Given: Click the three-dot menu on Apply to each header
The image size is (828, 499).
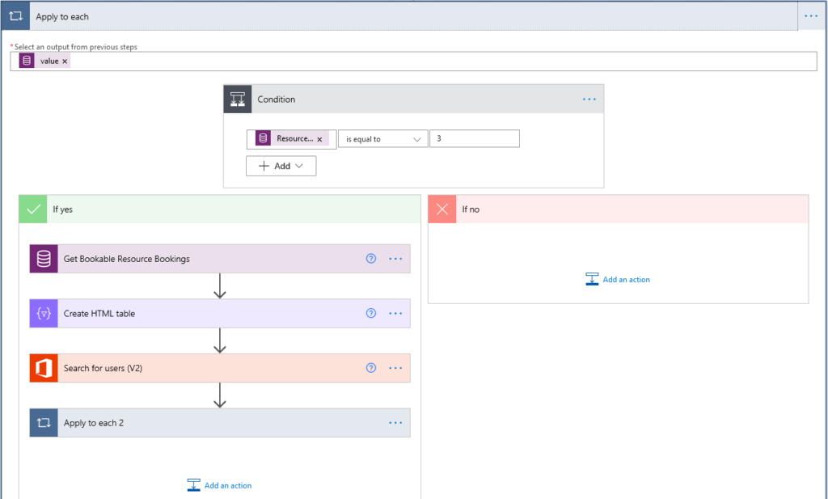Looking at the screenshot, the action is click(x=811, y=16).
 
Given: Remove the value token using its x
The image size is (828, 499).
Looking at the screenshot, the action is click(x=65, y=61).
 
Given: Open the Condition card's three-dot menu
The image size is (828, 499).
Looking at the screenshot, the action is click(x=589, y=99).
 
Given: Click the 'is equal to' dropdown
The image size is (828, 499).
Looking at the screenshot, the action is click(x=382, y=139).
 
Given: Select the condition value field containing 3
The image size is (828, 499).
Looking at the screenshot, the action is click(x=474, y=138).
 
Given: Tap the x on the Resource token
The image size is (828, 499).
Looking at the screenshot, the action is click(x=319, y=139).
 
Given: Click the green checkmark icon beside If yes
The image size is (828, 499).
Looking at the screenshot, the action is click(x=33, y=209).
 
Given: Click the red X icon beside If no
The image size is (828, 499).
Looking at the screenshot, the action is click(x=442, y=209).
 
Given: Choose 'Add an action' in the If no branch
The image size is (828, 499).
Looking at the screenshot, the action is click(x=618, y=279).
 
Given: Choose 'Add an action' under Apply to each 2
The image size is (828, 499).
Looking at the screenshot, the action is click(x=220, y=485).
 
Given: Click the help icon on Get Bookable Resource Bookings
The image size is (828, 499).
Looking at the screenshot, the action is click(x=371, y=259).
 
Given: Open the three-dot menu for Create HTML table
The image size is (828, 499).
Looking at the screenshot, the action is click(x=395, y=314).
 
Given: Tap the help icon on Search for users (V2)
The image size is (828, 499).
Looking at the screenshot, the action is click(x=371, y=368).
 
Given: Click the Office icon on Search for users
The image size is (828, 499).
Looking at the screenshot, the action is click(x=44, y=368).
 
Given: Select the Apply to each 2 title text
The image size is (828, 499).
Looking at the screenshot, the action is click(x=94, y=423).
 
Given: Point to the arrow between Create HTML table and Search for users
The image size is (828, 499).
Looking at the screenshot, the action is click(x=220, y=340).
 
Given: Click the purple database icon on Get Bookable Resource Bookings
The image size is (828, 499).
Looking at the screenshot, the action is click(x=44, y=259).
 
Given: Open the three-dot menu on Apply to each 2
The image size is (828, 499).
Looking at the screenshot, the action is click(x=395, y=423).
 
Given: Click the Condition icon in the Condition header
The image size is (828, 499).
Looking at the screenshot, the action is click(x=238, y=99).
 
